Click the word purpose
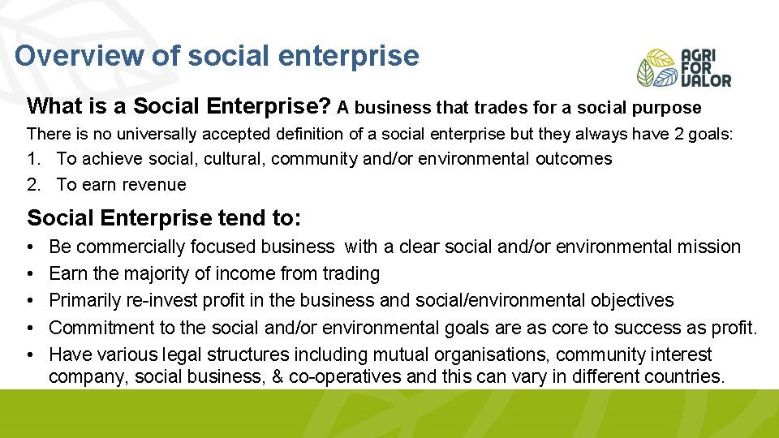pyautogui.click(x=669, y=108)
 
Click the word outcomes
pyautogui.click(x=574, y=159)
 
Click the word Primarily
pyautogui.click(x=86, y=300)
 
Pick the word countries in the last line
pyautogui.click(x=686, y=376)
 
